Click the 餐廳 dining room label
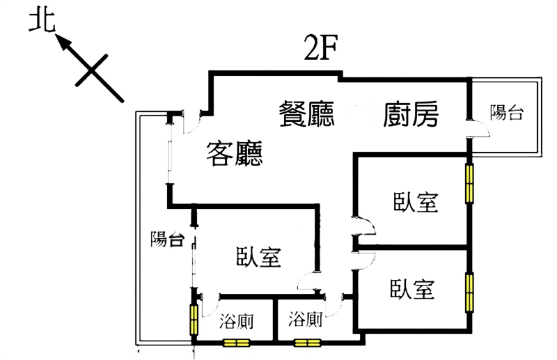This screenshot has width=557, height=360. click(x=306, y=113)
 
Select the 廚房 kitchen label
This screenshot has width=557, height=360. click(x=411, y=114)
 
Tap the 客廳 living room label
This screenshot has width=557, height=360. click(x=235, y=152)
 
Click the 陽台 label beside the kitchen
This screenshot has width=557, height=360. click(x=506, y=112)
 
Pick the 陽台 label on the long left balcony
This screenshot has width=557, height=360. click(x=167, y=240)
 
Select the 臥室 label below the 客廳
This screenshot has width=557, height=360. click(x=258, y=257)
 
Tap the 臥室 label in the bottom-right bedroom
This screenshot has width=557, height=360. click(x=412, y=288)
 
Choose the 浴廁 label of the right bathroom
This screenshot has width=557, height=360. click(x=305, y=320)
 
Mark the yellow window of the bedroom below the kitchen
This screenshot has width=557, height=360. click(x=470, y=182)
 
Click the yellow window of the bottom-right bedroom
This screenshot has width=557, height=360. click(x=470, y=291)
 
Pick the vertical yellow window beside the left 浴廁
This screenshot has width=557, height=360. click(x=194, y=317)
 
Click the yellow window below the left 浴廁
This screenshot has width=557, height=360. click(x=235, y=343)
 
